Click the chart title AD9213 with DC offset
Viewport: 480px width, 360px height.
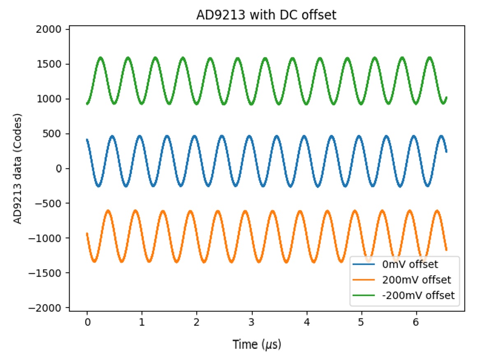click(x=266, y=15)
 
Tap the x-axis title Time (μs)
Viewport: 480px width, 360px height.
click(x=257, y=344)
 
